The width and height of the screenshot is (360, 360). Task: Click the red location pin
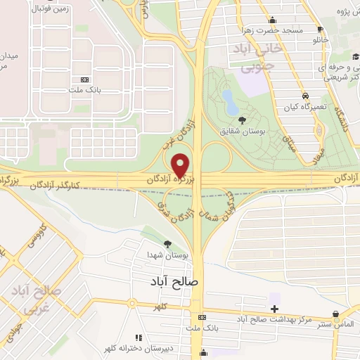pos(181,165)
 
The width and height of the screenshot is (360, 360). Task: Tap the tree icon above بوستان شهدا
pos(167,243)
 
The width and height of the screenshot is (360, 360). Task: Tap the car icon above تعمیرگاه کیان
pos(305,95)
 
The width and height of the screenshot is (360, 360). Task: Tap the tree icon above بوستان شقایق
pos(243,120)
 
